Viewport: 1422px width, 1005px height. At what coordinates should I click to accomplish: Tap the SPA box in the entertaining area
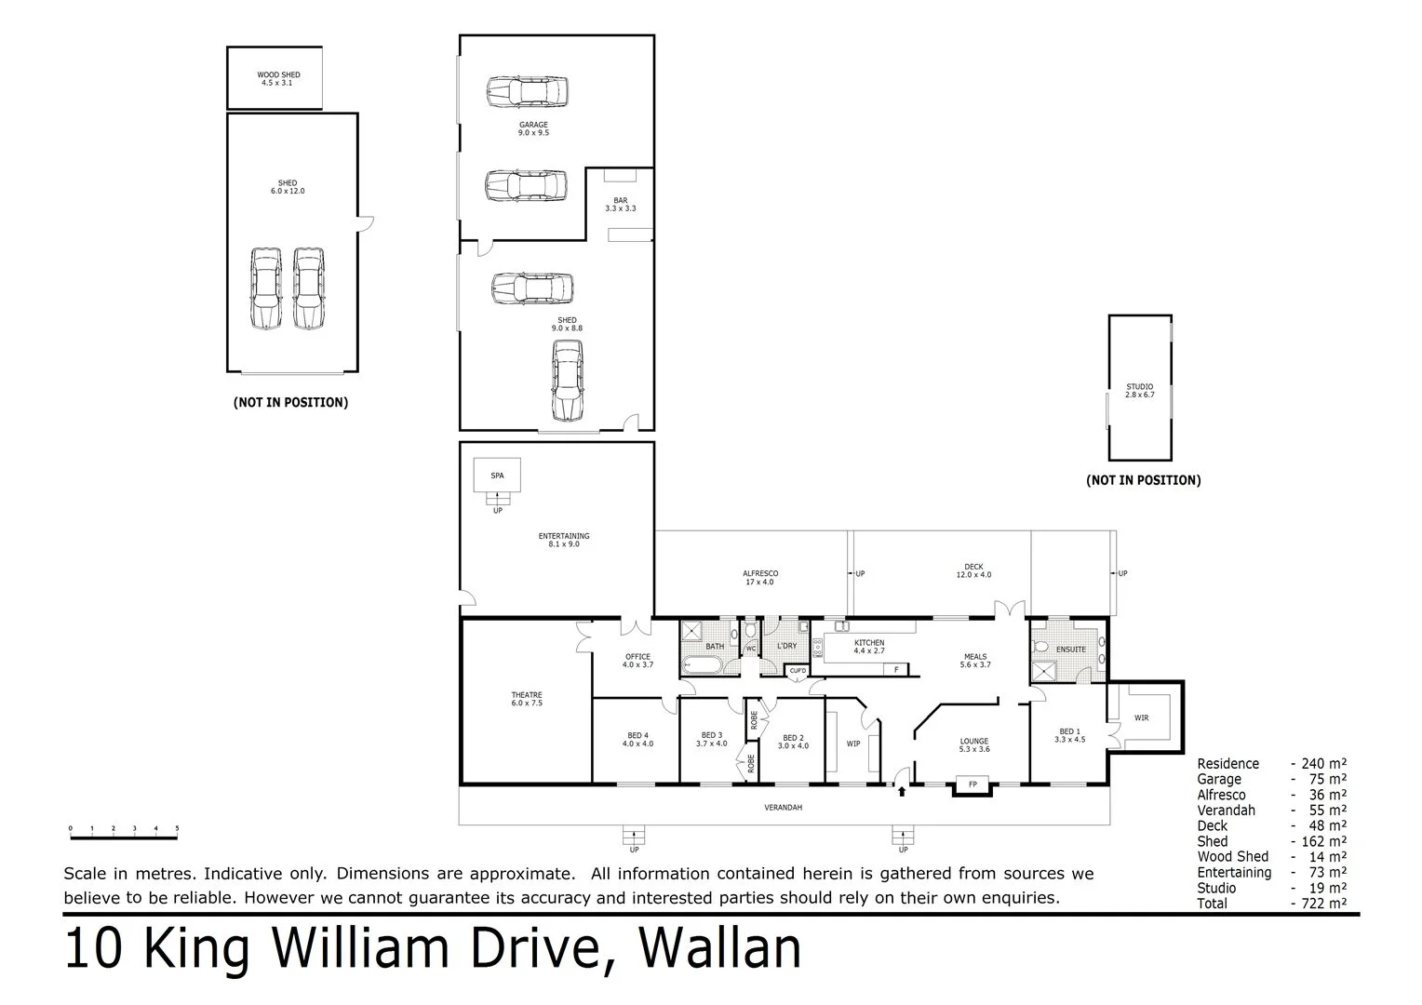(x=497, y=476)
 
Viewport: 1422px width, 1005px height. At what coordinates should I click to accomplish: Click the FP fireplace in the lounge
(x=973, y=785)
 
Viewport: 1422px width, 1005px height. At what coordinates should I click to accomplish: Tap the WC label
(x=751, y=649)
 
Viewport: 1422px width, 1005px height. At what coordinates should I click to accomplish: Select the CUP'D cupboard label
(x=798, y=670)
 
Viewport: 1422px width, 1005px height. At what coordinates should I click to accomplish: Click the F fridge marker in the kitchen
(x=896, y=669)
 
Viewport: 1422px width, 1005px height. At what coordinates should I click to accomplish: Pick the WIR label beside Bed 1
(x=1141, y=717)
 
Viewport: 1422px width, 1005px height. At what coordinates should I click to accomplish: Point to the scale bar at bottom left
(x=124, y=837)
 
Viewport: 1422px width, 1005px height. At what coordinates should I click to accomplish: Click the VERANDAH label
(x=783, y=807)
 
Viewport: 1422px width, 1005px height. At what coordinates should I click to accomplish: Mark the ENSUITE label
(x=1070, y=649)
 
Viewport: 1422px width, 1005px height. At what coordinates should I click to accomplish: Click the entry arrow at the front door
(x=901, y=791)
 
